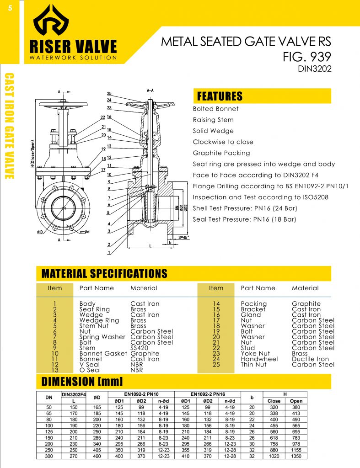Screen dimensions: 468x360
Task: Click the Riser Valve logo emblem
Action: tap(51, 23)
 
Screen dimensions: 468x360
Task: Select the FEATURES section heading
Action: tap(219, 96)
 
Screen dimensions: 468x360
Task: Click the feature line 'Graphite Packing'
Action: tap(221, 153)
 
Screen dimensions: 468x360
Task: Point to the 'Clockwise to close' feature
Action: tap(223, 142)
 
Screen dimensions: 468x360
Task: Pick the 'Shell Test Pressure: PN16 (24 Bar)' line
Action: tap(245, 208)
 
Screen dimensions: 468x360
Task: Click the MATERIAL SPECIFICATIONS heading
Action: tap(104, 274)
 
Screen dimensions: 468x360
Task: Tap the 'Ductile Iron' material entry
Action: tap(310, 359)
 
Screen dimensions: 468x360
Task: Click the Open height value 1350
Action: tap(296, 456)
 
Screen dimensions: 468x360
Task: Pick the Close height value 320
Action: tap(274, 407)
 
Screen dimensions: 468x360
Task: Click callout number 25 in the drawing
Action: tap(109, 94)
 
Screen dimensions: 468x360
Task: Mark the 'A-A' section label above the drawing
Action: tap(150, 90)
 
